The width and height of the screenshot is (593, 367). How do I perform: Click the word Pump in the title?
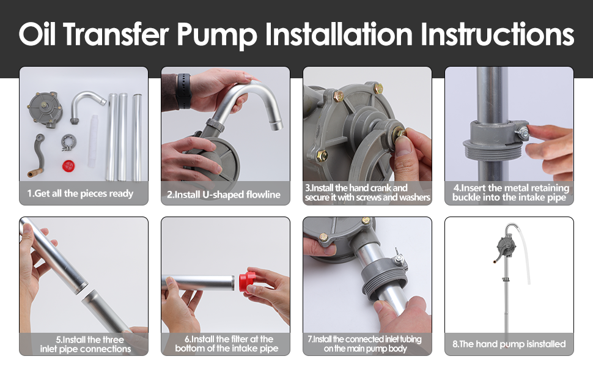pos(216,35)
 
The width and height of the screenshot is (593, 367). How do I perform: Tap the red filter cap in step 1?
pos(68,165)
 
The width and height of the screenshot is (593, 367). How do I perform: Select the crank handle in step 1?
pos(36,156)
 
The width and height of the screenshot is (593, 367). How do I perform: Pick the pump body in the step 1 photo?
pos(44,109)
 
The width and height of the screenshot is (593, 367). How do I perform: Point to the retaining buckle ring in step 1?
pos(68,143)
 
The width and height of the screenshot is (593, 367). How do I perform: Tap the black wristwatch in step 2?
pos(183,91)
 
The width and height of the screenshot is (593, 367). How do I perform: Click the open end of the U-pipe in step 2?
pos(276,125)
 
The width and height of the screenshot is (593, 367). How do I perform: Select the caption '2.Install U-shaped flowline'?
pos(224,195)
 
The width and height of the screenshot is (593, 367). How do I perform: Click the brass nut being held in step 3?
pos(399,133)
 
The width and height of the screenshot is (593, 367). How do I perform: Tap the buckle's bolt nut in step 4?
pos(523,132)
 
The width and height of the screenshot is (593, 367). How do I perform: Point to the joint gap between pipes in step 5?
pos(85,291)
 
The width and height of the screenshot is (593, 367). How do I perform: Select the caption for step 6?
pos(226,344)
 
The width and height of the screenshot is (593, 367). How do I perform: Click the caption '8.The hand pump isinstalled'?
pos(509,344)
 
